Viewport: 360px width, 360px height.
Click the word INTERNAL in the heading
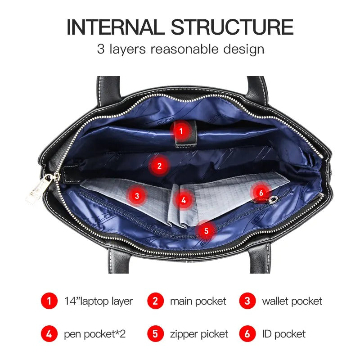tap(116, 27)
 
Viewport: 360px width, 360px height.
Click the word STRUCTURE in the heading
tap(232, 27)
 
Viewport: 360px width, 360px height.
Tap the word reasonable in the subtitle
tap(184, 49)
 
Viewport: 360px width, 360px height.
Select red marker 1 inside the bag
tap(181, 131)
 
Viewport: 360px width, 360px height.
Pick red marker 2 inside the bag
tap(159, 166)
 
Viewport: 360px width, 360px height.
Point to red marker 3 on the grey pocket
tap(137, 196)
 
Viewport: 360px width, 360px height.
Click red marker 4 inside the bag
tap(184, 200)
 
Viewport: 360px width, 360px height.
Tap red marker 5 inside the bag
tap(206, 231)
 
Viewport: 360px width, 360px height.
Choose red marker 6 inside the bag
tap(261, 193)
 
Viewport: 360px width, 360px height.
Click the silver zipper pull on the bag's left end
tap(39, 188)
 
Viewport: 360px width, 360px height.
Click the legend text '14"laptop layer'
tap(99, 301)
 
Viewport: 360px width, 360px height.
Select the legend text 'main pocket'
tap(198, 301)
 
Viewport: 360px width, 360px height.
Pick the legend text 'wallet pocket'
tap(292, 301)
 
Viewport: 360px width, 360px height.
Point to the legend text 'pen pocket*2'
tap(95, 334)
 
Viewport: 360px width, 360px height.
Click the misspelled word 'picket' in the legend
tap(215, 334)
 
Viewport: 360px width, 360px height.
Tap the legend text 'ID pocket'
tap(284, 334)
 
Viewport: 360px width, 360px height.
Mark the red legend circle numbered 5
tap(155, 334)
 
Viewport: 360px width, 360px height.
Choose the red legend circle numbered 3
tap(247, 301)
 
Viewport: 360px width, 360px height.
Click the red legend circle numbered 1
tap(49, 301)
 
